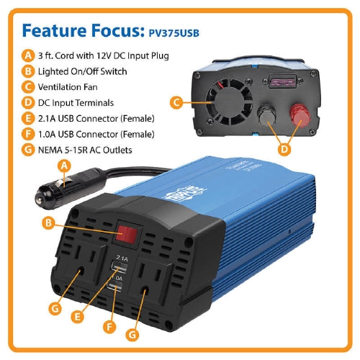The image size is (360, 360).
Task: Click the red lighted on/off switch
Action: coord(127,234)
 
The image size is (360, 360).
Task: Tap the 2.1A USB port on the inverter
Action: coord(119,267)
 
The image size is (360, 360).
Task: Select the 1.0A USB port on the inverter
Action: coord(114,287)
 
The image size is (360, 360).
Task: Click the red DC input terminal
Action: coord(300,116)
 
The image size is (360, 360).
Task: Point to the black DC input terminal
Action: coord(266,116)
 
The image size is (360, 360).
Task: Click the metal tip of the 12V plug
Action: coord(40,199)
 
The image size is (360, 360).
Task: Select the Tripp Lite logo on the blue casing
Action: coord(184,194)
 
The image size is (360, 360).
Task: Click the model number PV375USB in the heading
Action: coord(174,33)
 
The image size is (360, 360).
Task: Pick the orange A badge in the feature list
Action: coord(28,55)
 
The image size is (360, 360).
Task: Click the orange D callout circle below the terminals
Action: coord(284,149)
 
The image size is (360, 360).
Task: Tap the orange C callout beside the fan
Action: coord(176,102)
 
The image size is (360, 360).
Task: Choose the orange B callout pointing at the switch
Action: coord(48,222)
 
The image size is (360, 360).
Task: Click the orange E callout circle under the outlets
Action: coord(77,317)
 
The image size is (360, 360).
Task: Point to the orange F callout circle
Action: coord(109,327)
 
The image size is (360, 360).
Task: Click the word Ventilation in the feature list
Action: coord(58,87)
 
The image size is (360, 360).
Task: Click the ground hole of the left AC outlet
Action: coord(81,271)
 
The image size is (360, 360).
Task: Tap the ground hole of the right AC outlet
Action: coord(145,292)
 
